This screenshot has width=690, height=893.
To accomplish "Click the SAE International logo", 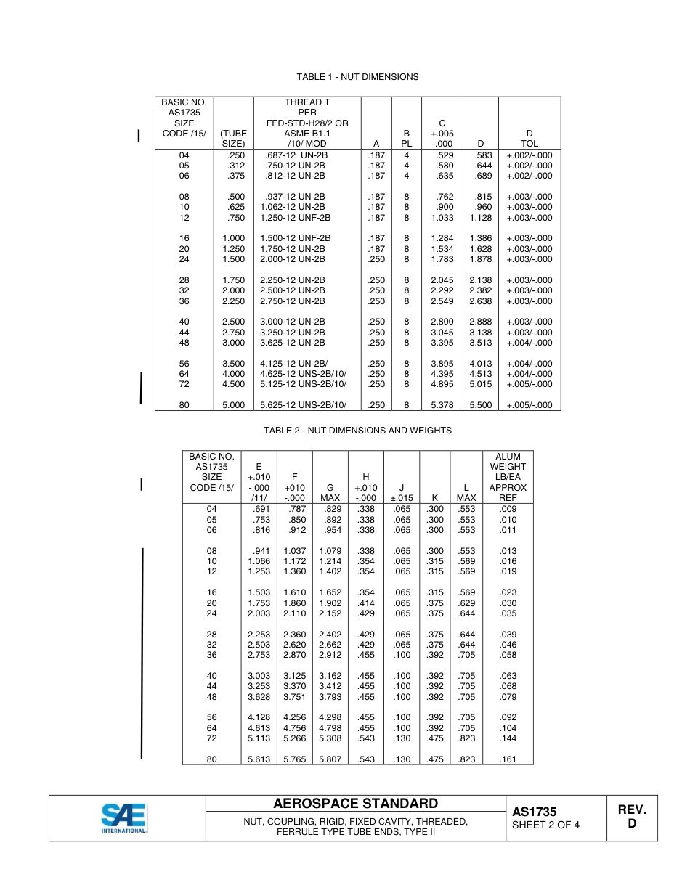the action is point(124,818).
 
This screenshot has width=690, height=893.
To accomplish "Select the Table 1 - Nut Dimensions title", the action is point(357,77).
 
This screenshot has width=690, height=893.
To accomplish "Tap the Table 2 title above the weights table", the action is point(357,431).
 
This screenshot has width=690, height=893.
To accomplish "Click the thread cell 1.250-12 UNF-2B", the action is point(295,218).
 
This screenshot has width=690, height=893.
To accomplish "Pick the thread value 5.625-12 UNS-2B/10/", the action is point(303,405).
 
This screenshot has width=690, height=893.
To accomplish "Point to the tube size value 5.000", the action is point(233,405).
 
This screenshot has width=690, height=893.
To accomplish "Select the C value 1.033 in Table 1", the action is point(442,218).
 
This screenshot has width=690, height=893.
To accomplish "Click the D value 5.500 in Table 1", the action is point(480,405).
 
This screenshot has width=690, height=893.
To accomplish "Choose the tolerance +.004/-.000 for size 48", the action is point(529,343).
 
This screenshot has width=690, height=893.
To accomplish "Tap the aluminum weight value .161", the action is point(508,759).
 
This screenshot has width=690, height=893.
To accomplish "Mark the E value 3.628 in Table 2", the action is point(259,697).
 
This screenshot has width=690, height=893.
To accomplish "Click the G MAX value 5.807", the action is point(330,759).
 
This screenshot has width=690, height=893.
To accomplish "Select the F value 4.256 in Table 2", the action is point(294,717).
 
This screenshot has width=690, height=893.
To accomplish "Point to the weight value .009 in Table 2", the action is point(508,509).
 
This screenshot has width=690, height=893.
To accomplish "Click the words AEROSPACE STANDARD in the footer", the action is point(355,804).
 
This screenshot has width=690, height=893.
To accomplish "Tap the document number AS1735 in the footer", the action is point(534,812).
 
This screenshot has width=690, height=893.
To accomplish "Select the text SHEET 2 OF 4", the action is point(545,825).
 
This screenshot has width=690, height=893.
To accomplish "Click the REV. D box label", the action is point(631,817).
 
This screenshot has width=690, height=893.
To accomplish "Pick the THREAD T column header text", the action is point(307,102).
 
